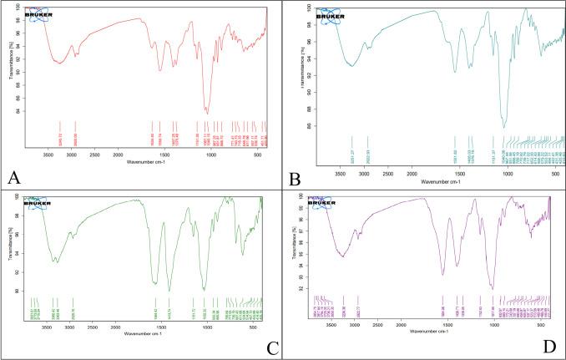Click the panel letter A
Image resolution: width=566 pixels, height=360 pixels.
tap(11, 178)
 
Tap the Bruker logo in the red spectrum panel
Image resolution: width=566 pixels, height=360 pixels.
tap(38, 14)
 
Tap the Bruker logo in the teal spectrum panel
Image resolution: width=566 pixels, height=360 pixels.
tap(331, 15)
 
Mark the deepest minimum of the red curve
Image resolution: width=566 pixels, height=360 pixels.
tap(207, 111)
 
